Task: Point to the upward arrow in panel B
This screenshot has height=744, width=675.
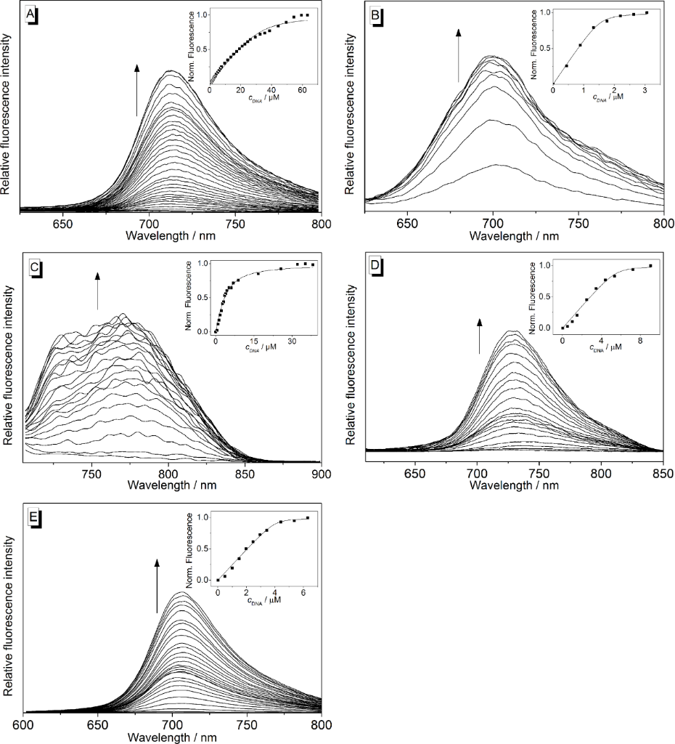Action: click(458, 55)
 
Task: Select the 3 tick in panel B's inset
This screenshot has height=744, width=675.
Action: click(647, 90)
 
